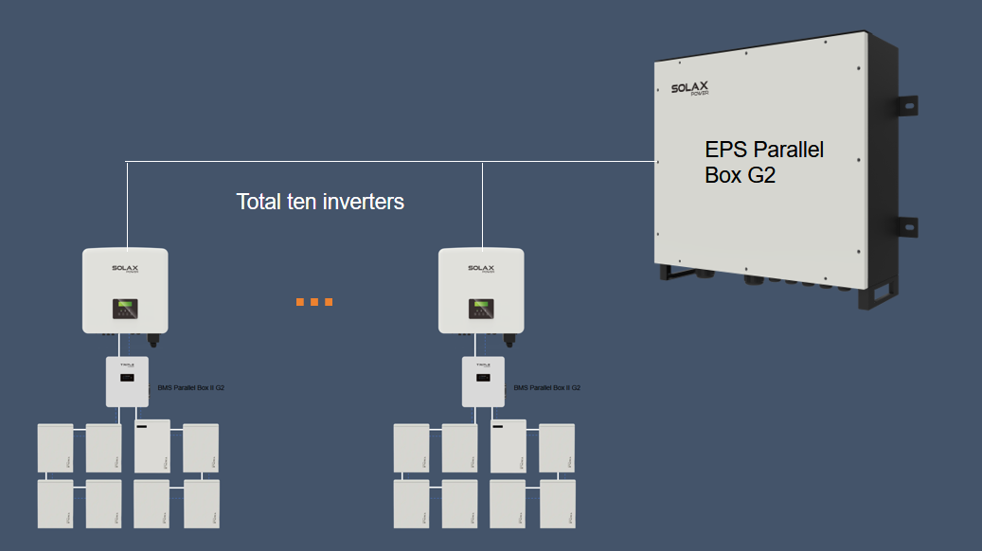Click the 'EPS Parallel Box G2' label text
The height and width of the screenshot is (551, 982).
pyautogui.click(x=764, y=162)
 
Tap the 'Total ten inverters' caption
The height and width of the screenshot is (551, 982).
pyautogui.click(x=320, y=202)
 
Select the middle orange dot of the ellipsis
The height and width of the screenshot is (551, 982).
pyautogui.click(x=314, y=302)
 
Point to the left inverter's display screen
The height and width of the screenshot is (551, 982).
pyautogui.click(x=125, y=309)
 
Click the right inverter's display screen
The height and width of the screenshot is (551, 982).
pyautogui.click(x=481, y=309)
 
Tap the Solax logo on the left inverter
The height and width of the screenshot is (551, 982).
pyautogui.click(x=125, y=269)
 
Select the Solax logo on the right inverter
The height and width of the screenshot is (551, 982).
pyautogui.click(x=481, y=269)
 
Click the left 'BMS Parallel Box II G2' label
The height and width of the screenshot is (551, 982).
pyautogui.click(x=190, y=388)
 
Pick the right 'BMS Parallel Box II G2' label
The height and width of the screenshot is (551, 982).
pyautogui.click(x=546, y=388)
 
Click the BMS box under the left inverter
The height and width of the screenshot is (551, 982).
pyautogui.click(x=127, y=382)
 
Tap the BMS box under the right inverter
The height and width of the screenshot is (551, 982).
pyautogui.click(x=483, y=382)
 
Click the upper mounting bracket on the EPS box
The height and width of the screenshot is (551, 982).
pyautogui.click(x=906, y=106)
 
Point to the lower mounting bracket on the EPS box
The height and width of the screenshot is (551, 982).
pyautogui.click(x=906, y=228)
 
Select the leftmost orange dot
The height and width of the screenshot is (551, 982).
pyautogui.click(x=300, y=302)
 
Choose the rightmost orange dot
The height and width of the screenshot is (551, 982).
pyautogui.click(x=329, y=302)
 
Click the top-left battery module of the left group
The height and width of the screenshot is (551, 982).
pyautogui.click(x=55, y=448)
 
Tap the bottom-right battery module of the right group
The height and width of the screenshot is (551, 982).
pyautogui.click(x=557, y=504)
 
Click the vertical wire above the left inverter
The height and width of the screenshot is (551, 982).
pyautogui.click(x=126, y=204)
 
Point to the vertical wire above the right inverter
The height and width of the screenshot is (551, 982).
pyautogui.click(x=482, y=204)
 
